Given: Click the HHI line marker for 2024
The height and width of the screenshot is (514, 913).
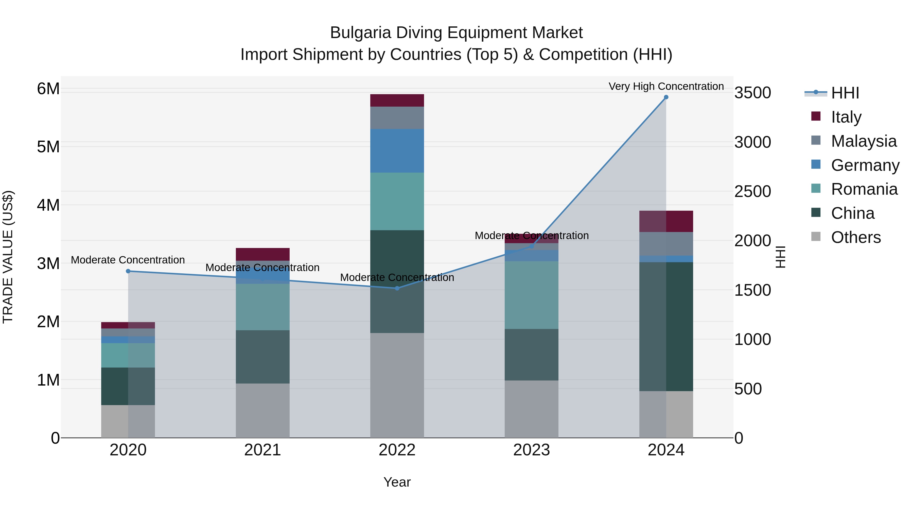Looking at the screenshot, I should pyautogui.click(x=666, y=97).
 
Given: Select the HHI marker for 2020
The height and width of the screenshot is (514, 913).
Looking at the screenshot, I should pyautogui.click(x=128, y=271).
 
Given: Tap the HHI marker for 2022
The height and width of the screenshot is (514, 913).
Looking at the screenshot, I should pyautogui.click(x=397, y=288).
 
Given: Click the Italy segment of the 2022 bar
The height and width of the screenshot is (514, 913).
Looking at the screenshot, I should pyautogui.click(x=397, y=100).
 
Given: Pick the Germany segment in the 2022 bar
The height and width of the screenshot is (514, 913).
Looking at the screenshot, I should pyautogui.click(x=397, y=151).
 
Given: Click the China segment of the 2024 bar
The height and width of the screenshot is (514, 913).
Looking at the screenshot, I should pyautogui.click(x=666, y=326).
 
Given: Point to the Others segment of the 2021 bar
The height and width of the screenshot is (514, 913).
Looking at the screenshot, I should pyautogui.click(x=263, y=410).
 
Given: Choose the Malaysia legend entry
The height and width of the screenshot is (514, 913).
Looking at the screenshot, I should pyautogui.click(x=863, y=141).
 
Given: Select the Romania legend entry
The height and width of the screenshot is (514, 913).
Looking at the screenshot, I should pyautogui.click(x=864, y=189).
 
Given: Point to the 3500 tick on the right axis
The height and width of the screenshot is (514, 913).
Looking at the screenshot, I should pyautogui.click(x=752, y=93).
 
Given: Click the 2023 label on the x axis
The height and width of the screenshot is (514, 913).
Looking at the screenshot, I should pyautogui.click(x=531, y=450).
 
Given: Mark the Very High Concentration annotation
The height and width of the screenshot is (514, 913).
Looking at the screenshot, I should pyautogui.click(x=666, y=86).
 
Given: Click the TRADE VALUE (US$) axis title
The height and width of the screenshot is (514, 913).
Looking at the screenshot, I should pyautogui.click(x=8, y=257).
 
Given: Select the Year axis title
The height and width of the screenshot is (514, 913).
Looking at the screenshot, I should pyautogui.click(x=397, y=482).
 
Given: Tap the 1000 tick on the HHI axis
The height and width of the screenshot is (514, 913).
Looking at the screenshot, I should pyautogui.click(x=752, y=339).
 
